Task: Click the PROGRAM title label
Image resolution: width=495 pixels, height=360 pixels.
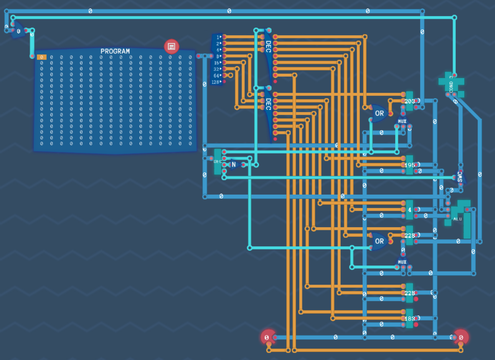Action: pos(115,51)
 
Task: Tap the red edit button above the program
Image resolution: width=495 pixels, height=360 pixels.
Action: pos(172,46)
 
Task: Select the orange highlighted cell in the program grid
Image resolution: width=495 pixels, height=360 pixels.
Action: pos(41,57)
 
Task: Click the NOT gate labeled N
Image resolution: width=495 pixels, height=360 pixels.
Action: pos(234,165)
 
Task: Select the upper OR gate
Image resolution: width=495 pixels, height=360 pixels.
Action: pos(379,113)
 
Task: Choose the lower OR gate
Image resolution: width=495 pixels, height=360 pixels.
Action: pos(379,241)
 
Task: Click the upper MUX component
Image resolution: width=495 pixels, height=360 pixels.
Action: pos(402,122)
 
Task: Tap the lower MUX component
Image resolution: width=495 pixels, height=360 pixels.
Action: pos(402,263)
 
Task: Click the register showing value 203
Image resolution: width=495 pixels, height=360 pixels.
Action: pos(409,101)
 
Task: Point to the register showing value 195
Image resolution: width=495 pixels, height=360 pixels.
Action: pos(409,165)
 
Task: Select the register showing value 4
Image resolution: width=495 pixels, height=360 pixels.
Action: pos(409,210)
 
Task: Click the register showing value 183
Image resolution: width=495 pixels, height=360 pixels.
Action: pos(409,319)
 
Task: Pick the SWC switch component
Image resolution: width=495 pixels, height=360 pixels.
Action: pos(460,178)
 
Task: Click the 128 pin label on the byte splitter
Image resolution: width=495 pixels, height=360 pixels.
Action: pos(216,82)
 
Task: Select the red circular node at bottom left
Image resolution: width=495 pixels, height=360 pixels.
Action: pos(267,337)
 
